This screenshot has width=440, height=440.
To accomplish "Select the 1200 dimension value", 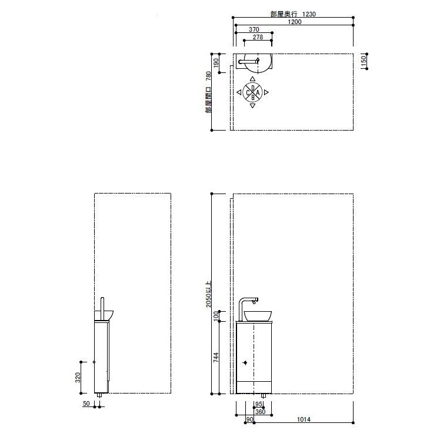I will pyautogui.click(x=295, y=22).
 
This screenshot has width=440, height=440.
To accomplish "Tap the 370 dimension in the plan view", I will pyautogui.click(x=254, y=29).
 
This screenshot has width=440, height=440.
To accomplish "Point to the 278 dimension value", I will pyautogui.click(x=258, y=37).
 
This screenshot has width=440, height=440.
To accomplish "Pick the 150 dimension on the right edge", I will pyautogui.click(x=364, y=61).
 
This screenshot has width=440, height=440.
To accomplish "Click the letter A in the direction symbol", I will pyautogui.click(x=258, y=92).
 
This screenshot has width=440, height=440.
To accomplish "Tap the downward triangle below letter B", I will pyautogui.click(x=252, y=106).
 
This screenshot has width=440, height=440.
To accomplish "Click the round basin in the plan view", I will pyautogui.click(x=259, y=62).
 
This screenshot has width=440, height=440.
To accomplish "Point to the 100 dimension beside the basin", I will pyautogui.click(x=216, y=316).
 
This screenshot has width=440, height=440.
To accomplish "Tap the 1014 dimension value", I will pyautogui.click(x=304, y=419).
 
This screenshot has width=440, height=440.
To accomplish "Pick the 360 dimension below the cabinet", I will pyautogui.click(x=260, y=411).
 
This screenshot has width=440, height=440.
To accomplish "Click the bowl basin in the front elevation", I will pyautogui.click(x=258, y=315).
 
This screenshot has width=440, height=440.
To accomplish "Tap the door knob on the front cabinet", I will pyautogui.click(x=245, y=362).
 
